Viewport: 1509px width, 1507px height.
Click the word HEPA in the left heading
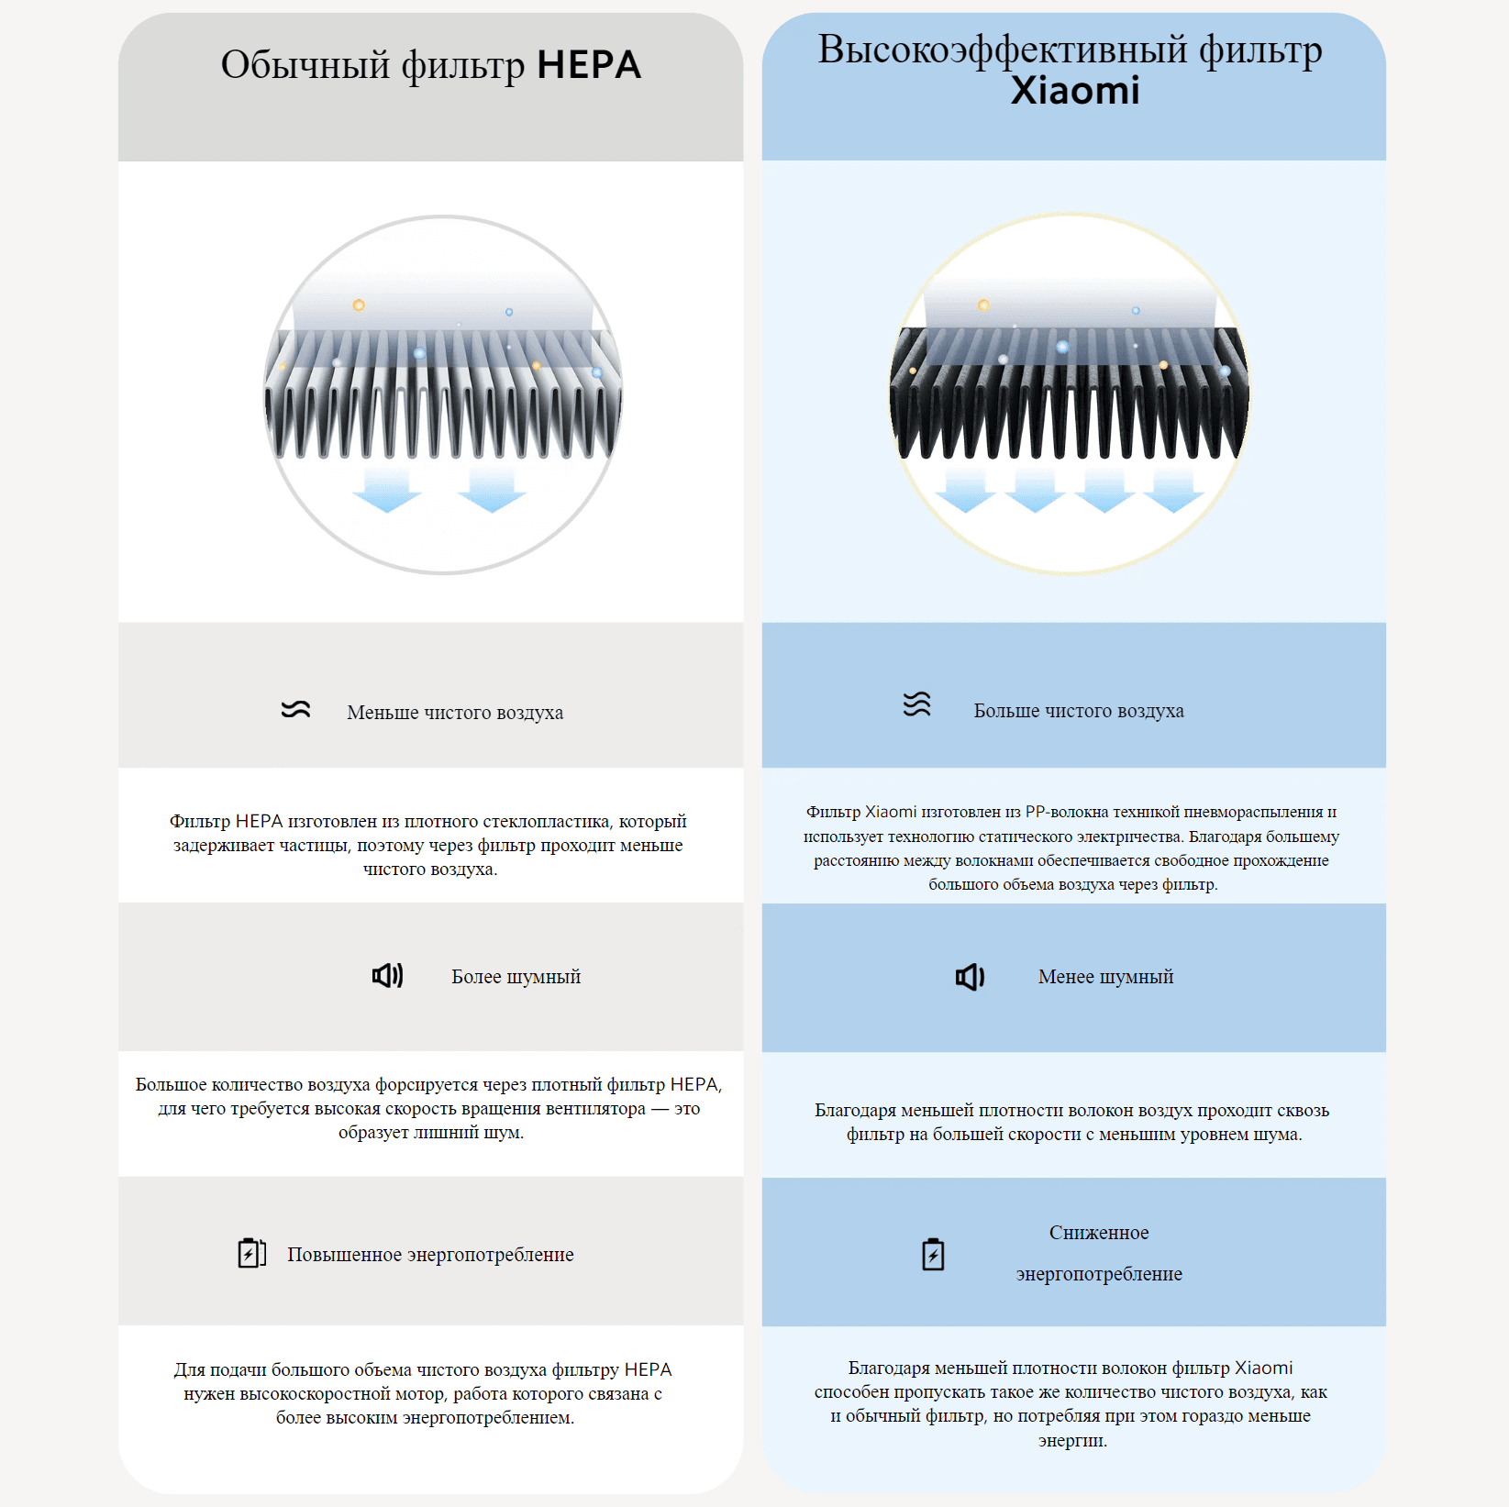click(588, 65)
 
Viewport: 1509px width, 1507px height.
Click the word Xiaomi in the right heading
click(1075, 91)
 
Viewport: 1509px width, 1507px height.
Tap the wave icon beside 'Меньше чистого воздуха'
click(295, 710)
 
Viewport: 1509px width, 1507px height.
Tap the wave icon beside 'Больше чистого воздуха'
click(916, 704)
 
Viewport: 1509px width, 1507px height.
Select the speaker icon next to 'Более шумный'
click(387, 975)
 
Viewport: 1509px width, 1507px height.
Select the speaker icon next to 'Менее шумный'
click(970, 977)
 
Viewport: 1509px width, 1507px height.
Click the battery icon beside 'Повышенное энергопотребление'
click(251, 1253)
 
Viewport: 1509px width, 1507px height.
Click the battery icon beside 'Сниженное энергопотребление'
click(933, 1254)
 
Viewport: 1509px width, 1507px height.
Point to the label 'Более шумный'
click(516, 977)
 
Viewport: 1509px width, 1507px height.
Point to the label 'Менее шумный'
click(1105, 977)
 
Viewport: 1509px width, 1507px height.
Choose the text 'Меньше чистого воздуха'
click(455, 713)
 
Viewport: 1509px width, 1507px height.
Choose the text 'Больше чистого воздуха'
click(1079, 711)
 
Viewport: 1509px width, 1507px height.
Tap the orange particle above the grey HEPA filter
click(359, 305)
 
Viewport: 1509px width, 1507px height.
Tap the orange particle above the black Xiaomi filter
click(983, 305)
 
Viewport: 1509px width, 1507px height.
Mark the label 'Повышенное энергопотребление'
click(430, 1255)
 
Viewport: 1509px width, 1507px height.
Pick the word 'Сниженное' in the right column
click(1099, 1233)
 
